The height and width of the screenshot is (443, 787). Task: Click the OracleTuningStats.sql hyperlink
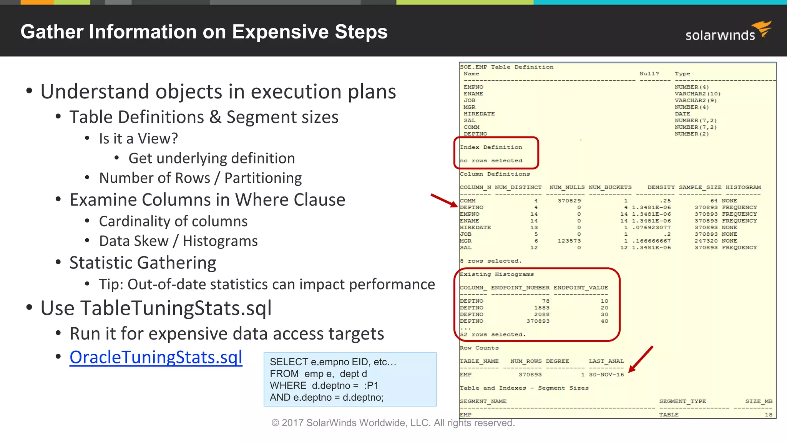(x=156, y=357)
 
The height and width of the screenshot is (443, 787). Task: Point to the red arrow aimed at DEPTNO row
(x=444, y=200)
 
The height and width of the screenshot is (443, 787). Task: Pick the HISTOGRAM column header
(x=743, y=187)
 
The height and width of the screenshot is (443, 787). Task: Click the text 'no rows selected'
(x=491, y=161)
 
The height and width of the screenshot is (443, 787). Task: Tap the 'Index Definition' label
(x=491, y=147)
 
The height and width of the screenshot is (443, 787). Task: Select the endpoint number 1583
(x=541, y=308)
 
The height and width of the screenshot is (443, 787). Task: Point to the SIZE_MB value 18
(x=768, y=415)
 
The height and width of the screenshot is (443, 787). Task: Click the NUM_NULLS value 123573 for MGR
(x=569, y=241)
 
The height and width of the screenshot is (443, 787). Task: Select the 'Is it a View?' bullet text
(x=138, y=138)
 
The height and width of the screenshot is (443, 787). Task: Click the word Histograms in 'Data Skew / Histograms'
(x=220, y=241)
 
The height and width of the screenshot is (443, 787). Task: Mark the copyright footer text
(x=393, y=423)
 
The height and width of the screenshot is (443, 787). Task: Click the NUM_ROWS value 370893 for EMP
(x=530, y=375)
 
